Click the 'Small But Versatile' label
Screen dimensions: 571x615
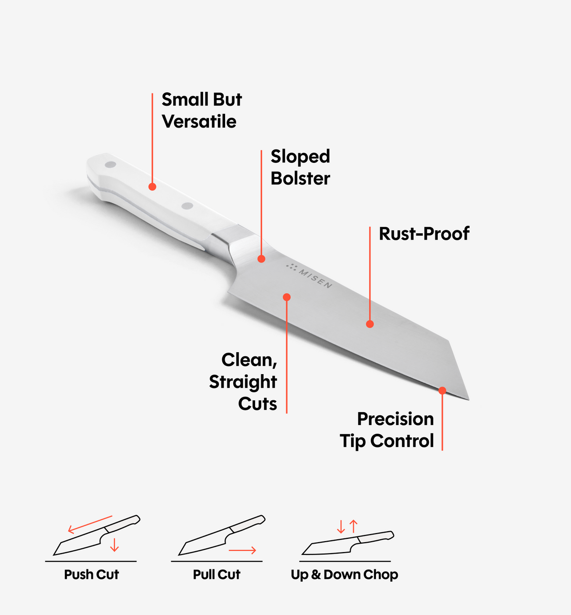pos(202,110)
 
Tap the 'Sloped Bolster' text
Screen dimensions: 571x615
pos(300,167)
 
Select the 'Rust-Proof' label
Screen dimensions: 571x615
pos(424,234)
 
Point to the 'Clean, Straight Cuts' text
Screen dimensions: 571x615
pos(243,381)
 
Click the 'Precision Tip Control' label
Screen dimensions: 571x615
pos(387,430)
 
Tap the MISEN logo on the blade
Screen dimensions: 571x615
pos(309,276)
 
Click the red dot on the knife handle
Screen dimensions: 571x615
pos(152,187)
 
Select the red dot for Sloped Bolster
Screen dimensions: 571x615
pos(261,258)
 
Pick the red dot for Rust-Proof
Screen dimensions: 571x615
pos(370,324)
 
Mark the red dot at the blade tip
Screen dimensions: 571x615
pos(442,390)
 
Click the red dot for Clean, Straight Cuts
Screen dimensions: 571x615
pos(287,298)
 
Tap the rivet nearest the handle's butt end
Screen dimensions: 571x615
pos(110,164)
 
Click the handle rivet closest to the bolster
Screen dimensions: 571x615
pos(187,206)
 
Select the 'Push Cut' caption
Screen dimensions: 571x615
pos(91,575)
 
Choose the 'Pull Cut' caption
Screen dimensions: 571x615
pos(217,575)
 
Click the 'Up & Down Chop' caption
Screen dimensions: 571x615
pos(345,575)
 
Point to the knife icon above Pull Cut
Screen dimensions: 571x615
pos(222,535)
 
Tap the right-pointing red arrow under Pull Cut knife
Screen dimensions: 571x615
pos(242,550)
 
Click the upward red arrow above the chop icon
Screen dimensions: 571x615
pos(354,526)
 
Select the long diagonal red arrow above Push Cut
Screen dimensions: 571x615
pos(90,525)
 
